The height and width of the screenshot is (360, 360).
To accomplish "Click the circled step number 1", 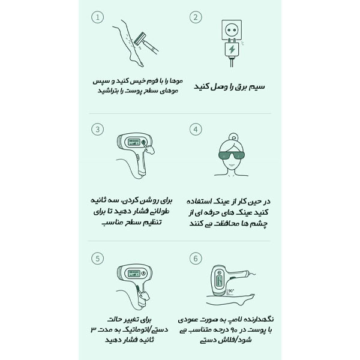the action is [x=98, y=17].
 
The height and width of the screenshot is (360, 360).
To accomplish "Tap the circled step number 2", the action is [x=196, y=17].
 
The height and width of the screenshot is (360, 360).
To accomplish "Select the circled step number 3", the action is [x=98, y=129].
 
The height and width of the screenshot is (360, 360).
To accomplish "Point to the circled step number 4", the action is [x=196, y=129].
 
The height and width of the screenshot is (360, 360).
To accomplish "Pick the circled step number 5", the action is [x=98, y=258].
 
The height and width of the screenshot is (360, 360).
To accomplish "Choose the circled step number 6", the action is [x=196, y=258].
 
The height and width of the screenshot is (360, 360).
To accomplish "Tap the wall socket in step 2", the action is [x=232, y=29].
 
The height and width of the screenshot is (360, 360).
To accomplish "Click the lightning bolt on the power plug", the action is [x=232, y=49].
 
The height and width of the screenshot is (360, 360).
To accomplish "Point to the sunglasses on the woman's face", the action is [x=232, y=155].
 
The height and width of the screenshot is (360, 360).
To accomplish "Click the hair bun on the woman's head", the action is [x=233, y=137].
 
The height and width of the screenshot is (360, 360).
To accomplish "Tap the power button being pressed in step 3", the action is [x=143, y=142].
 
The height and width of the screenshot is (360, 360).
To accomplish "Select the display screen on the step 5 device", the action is [x=134, y=274].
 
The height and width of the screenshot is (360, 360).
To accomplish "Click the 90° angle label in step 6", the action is [x=231, y=291].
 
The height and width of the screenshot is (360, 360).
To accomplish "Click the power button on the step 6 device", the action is [x=219, y=272].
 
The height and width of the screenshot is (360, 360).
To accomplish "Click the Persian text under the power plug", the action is [x=229, y=86].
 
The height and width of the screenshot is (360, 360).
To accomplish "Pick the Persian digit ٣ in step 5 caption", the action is [x=94, y=330].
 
